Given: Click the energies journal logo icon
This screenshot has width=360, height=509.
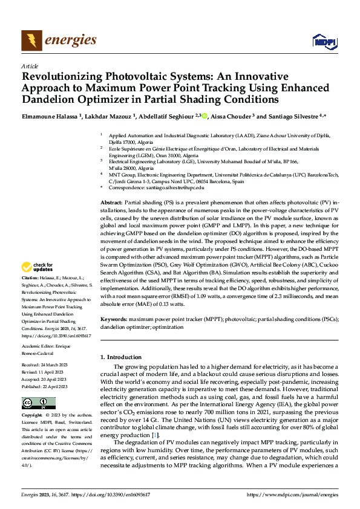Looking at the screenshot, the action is [31, 40].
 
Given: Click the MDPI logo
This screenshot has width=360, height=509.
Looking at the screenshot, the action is [323, 41].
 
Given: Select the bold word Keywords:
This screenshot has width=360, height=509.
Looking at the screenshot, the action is [114, 319].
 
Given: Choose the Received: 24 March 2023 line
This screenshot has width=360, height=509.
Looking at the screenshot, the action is [46, 365].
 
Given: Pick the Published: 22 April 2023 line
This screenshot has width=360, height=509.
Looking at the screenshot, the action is [47, 386].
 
